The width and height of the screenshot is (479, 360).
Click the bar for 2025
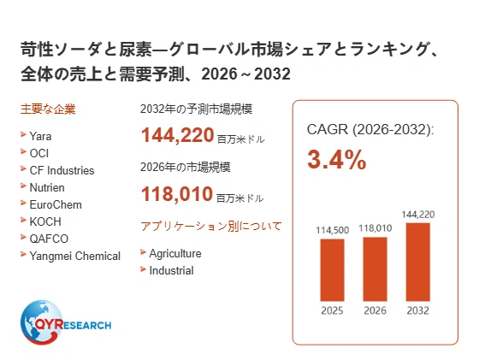332,270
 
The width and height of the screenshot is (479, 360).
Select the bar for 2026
375,269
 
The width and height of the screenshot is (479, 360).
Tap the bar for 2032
418,262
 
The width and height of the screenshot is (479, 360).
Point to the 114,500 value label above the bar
333,230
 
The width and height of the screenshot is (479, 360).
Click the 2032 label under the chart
418,310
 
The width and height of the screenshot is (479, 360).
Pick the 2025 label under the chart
332,310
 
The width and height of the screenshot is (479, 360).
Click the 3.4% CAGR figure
337,159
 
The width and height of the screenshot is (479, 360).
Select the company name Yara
40,136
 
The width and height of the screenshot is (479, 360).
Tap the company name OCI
39,153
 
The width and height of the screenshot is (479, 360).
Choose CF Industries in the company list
62,170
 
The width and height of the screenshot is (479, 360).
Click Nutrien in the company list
47,187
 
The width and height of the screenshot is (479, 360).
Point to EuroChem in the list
56,204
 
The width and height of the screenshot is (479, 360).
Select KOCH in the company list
45,221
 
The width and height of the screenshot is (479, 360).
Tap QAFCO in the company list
49,239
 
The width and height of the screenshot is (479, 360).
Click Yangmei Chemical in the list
75,256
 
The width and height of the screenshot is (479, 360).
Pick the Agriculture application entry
175,253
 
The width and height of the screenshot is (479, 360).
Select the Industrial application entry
171,270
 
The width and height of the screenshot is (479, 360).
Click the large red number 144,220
177,135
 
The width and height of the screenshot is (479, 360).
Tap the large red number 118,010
177,194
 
